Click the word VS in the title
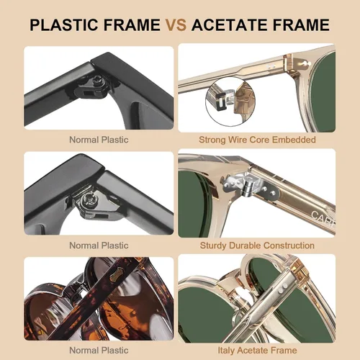176,24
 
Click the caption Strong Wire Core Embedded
257,140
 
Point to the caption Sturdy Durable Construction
257,246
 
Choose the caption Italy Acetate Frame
257,351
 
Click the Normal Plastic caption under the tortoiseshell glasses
99,351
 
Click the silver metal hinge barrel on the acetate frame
247,186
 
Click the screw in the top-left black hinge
98,79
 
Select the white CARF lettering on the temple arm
323,218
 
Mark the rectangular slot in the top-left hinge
88,92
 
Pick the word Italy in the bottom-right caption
225,351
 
